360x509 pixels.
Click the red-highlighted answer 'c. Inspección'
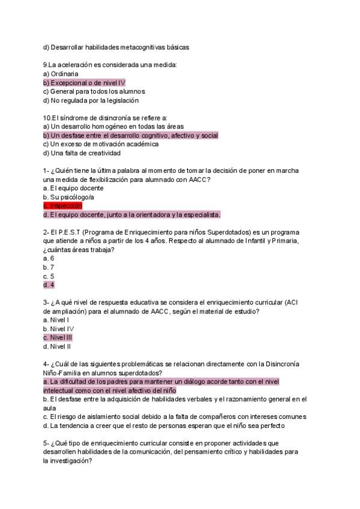[x=62, y=205]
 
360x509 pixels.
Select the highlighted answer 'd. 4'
[x=49, y=285]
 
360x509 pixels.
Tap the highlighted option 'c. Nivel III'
[x=58, y=337]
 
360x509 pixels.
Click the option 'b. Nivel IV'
[x=58, y=329]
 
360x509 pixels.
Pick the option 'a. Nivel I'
[x=56, y=320]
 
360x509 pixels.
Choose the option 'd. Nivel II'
[x=58, y=346]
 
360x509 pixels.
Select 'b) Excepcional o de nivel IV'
[x=84, y=82]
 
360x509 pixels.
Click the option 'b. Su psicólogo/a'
[x=68, y=197]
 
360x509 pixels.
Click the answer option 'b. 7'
[x=49, y=267]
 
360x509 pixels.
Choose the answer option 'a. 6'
[x=49, y=258]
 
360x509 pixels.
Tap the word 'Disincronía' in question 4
[x=274, y=364]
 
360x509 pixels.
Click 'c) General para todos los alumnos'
[x=94, y=91]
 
